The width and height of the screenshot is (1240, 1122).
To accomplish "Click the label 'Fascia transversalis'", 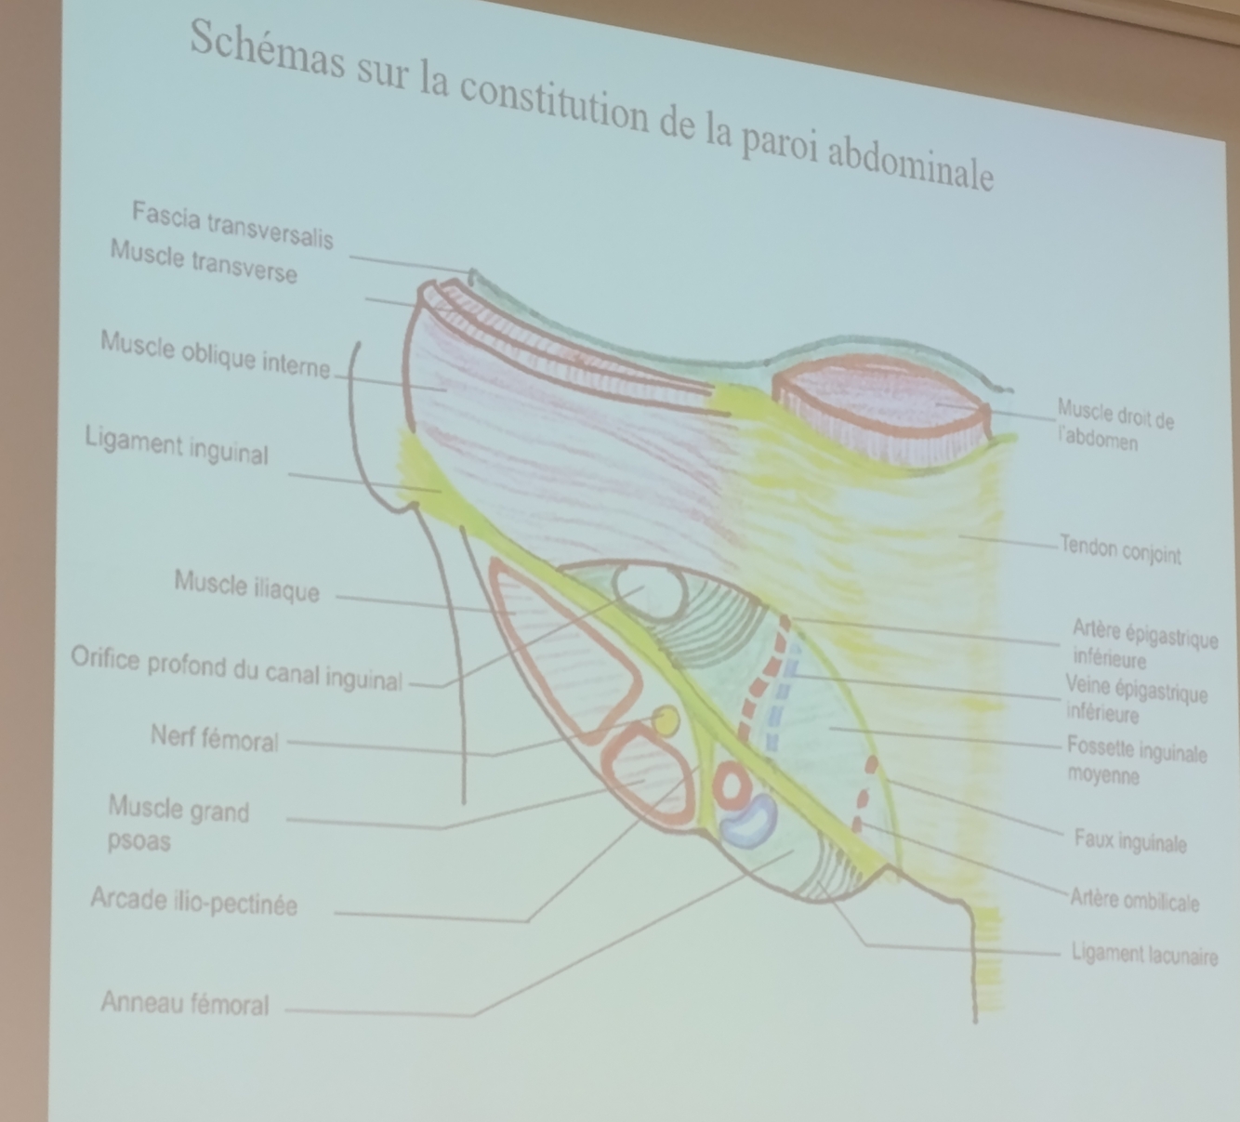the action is point(232,225).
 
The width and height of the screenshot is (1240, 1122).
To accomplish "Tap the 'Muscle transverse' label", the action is point(204,261).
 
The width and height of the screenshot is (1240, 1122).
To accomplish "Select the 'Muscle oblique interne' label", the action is point(215,354).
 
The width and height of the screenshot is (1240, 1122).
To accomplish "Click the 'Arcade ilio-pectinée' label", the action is point(194,901).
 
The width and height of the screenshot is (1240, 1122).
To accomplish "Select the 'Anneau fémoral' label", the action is point(185,1003).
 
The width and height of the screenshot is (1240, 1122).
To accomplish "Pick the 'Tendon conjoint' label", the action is point(1120,550).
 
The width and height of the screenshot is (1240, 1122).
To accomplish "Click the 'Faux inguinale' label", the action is point(1129,841).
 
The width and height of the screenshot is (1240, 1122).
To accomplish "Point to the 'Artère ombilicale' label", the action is point(1134,900).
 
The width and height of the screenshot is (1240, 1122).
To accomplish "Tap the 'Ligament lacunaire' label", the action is point(1143,954).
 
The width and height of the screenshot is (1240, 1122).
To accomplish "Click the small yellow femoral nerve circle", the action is point(666,719).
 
